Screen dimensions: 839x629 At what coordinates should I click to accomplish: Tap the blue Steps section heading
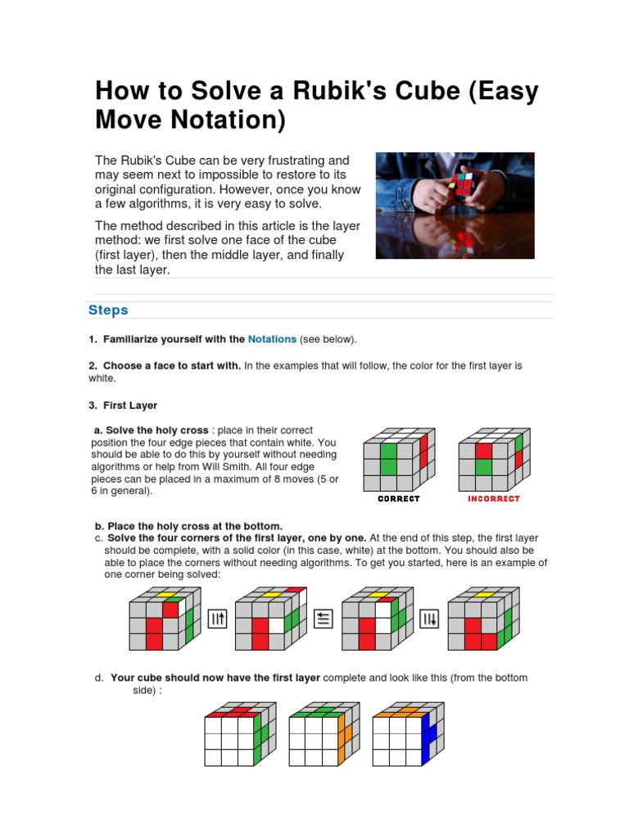tap(108, 310)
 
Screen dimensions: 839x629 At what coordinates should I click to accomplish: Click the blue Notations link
tap(272, 339)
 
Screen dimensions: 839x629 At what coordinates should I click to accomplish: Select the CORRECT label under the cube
tap(398, 498)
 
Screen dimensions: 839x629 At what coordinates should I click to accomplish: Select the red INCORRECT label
tap(494, 498)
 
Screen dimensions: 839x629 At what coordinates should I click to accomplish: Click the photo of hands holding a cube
tap(455, 206)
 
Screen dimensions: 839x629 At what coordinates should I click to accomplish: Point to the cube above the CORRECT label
tap(397, 459)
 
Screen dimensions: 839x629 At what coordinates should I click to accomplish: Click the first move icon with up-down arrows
tap(217, 619)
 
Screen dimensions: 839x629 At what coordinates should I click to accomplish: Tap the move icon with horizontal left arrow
tap(324, 619)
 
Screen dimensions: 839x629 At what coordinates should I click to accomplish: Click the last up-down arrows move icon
tap(429, 619)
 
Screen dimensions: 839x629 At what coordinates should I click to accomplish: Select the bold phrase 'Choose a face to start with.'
tap(172, 365)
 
